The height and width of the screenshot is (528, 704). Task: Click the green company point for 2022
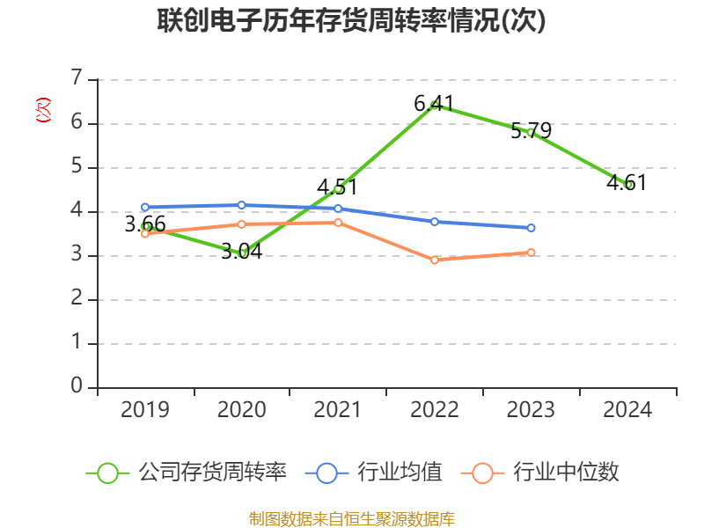coord(435,105)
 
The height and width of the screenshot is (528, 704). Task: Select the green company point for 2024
coord(628,185)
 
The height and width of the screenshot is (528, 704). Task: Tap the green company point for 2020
coord(242,253)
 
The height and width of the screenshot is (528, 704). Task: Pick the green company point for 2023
coord(531,132)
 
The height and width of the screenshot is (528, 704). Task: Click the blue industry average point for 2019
coord(145,208)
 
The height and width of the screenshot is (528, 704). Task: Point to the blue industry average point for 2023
coord(532,228)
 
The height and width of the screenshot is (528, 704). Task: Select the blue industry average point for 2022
coord(435,222)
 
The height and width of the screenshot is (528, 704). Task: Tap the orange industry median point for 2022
coord(435,260)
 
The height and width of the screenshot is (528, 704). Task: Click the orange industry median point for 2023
coord(532,253)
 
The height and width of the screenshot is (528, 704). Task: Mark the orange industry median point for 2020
coord(242,224)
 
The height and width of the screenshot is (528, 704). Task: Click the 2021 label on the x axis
coord(338,410)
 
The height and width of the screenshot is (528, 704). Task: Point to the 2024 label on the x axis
coord(628,410)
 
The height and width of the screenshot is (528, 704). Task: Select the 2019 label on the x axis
coord(145,410)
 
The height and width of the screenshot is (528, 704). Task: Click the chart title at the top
coord(352,21)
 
